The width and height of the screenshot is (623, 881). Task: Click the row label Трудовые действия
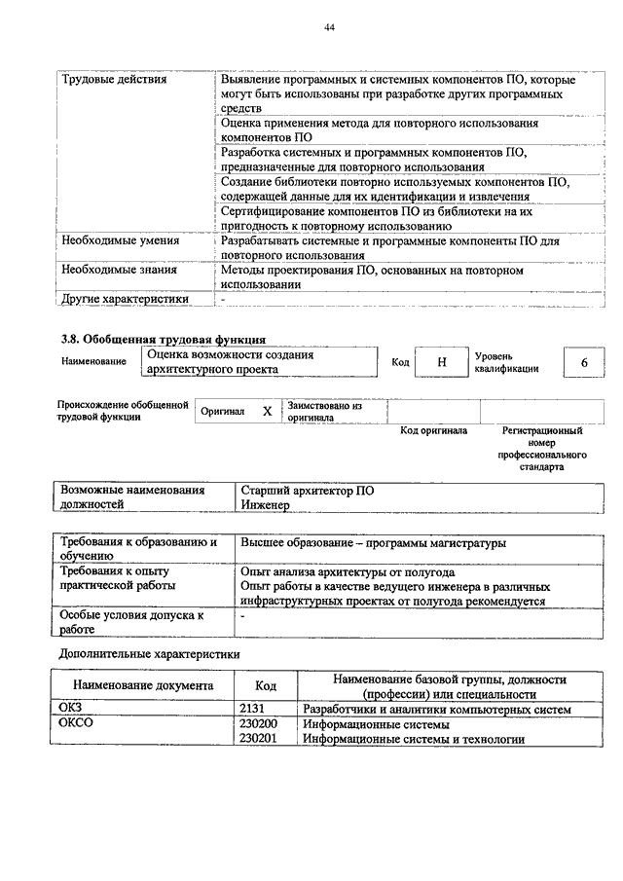coord(113,79)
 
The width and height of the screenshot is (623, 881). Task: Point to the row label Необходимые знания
coord(117,269)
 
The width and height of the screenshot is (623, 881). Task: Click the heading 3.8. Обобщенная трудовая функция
coord(164,339)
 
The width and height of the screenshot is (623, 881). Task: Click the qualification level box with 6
coord(584,362)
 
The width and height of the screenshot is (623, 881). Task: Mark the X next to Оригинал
coord(267,412)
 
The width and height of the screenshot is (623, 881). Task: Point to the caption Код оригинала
coord(433,430)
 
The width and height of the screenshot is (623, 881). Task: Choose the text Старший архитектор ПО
coord(307,491)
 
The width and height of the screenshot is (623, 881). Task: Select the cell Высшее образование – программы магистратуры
coord(374,543)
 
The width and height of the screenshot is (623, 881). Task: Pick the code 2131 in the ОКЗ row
coord(251,710)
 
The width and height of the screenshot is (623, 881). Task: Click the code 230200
coord(258,724)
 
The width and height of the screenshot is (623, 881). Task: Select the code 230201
coord(258,739)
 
